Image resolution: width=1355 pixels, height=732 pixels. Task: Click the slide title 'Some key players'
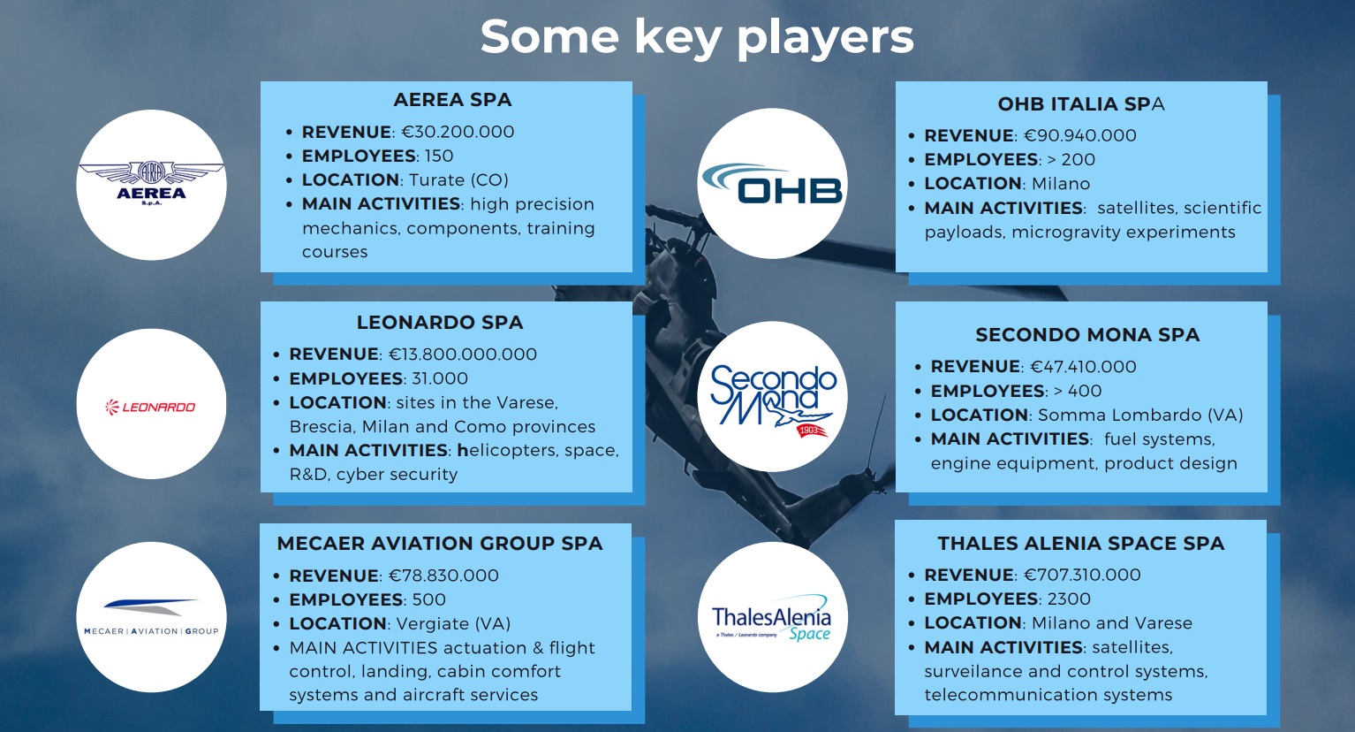coord(697,37)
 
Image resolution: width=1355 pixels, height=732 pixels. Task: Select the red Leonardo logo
coord(151,407)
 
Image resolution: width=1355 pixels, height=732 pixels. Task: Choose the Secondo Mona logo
coord(773,400)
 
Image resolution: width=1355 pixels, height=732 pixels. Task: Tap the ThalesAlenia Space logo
coord(772,618)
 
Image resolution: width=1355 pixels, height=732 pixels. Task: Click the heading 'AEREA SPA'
coord(452,99)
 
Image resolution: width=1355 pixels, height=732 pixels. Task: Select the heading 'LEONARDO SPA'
coord(440,322)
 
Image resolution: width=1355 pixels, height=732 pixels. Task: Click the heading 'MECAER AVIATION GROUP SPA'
coord(440,543)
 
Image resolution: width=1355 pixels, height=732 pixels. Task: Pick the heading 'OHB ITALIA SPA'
coord(1081,103)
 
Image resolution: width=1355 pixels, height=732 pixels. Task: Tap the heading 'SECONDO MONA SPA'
coord(1087,334)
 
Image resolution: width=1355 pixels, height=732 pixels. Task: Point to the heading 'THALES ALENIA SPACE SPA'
coord(1081,543)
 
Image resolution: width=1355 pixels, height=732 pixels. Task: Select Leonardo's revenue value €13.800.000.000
coord(462,354)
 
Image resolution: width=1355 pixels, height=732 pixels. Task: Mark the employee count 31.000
coord(440,378)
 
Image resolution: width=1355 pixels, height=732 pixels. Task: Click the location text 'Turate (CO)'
coord(458,179)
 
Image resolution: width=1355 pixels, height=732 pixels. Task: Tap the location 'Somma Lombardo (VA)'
coord(1140,415)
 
